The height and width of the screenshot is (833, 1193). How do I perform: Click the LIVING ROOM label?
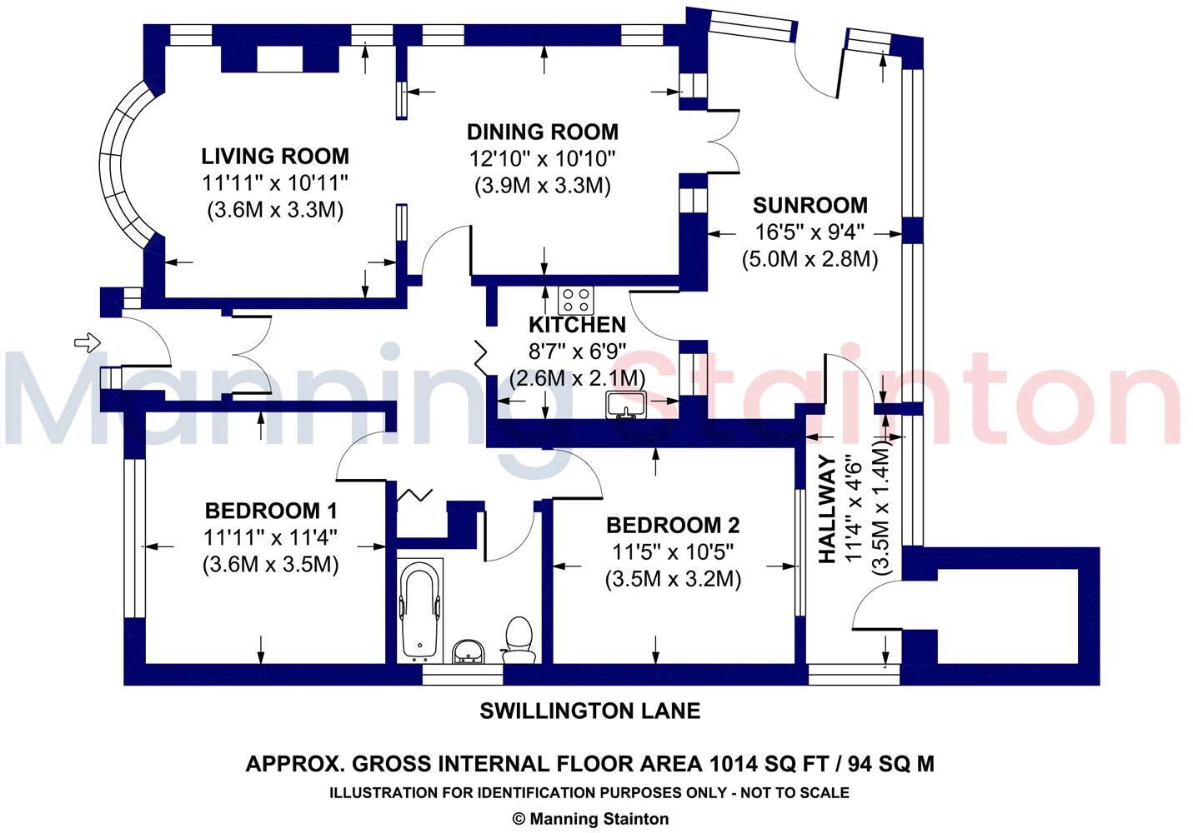pos(275,156)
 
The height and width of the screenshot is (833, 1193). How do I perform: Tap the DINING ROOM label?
pos(542,132)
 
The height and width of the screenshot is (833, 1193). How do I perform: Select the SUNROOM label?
pos(810,205)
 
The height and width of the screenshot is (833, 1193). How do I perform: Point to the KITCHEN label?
pos(577,325)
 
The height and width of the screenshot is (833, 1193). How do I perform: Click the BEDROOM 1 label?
pos(271,510)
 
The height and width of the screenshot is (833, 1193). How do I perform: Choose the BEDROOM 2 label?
pos(672,526)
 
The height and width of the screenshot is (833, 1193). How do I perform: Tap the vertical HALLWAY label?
pos(827,509)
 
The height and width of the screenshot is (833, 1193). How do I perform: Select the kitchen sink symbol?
pos(626,405)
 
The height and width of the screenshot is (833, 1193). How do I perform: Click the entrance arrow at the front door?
pos(87,342)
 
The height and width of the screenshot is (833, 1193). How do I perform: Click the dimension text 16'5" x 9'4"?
pos(810,232)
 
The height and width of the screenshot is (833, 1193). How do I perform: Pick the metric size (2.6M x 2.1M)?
pos(577,378)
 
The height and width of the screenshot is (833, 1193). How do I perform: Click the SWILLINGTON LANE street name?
pos(589,711)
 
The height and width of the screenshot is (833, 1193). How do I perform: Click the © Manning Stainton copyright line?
pos(589,819)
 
